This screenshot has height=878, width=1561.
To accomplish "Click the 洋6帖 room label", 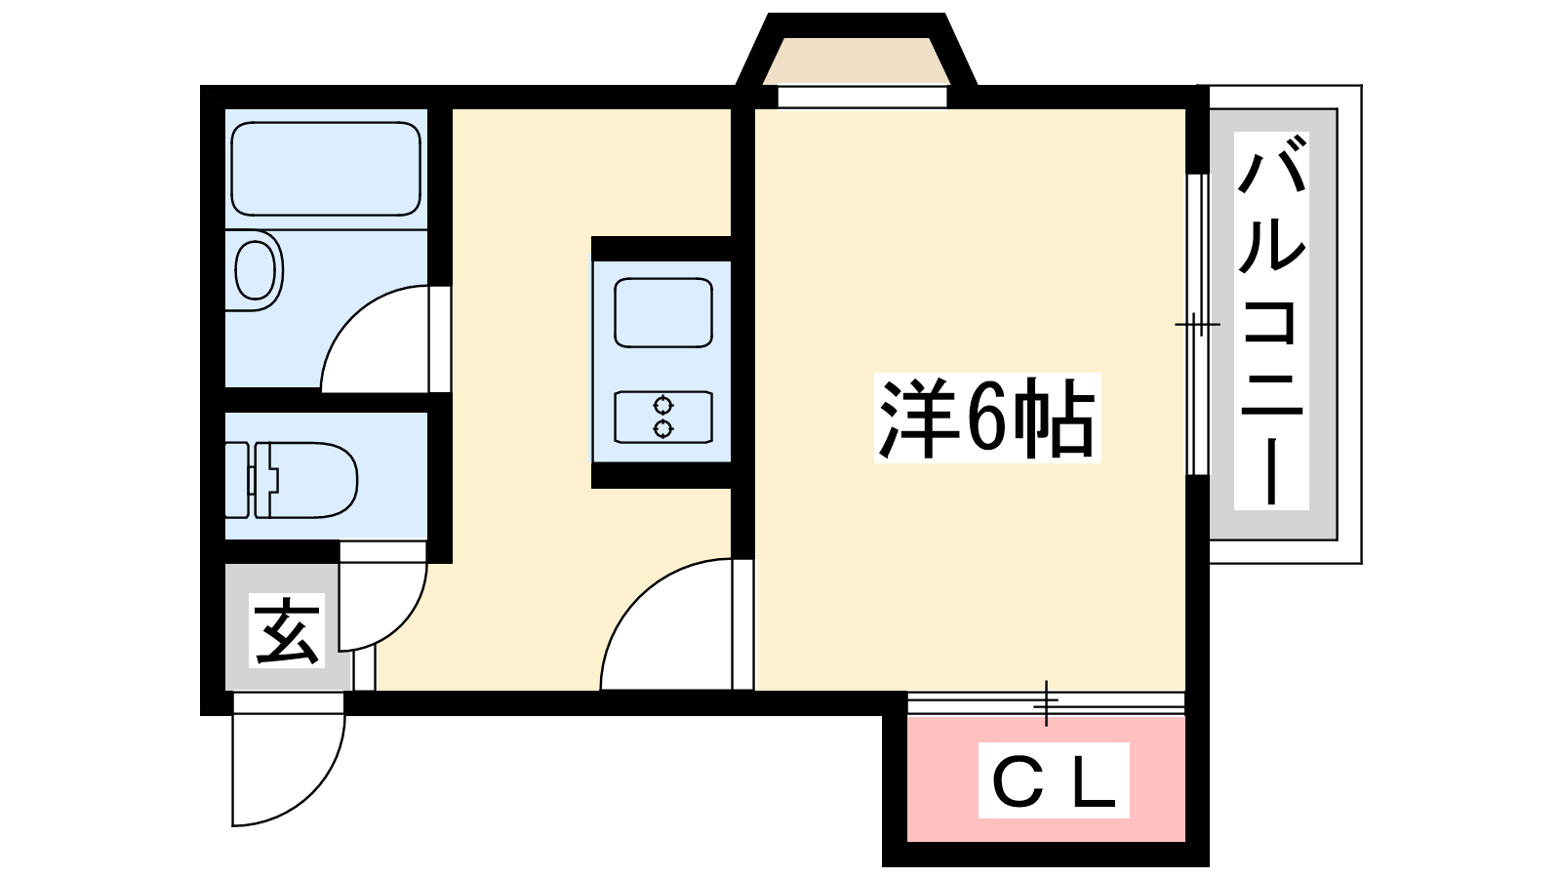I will pyautogui.click(x=987, y=418).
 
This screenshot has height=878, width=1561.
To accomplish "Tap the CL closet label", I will pyautogui.click(x=1054, y=780).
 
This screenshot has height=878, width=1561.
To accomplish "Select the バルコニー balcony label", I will pyautogui.click(x=1271, y=321).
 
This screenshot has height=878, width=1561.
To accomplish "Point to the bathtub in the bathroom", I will pyautogui.click(x=326, y=169).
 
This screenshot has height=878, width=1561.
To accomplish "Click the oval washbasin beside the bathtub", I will pyautogui.click(x=256, y=270).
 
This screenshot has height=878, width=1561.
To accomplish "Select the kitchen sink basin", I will pyautogui.click(x=663, y=312).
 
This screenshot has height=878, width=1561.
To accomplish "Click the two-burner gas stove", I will pyautogui.click(x=663, y=417).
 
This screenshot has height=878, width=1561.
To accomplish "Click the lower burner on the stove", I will pyautogui.click(x=663, y=428).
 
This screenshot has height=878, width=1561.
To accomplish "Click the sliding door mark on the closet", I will pyautogui.click(x=1046, y=702).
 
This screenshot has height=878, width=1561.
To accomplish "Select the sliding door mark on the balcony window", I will pyautogui.click(x=1197, y=324).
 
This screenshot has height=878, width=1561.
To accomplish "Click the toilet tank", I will pyautogui.click(x=237, y=480).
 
